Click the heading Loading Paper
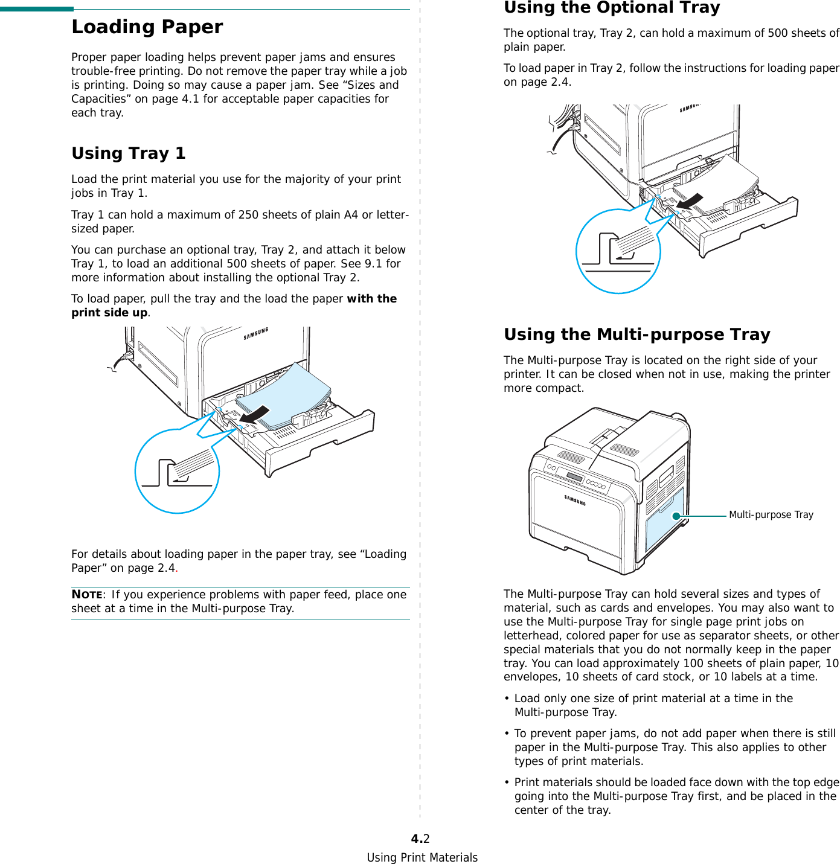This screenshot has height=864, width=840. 147,27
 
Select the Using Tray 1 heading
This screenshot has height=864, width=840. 128,153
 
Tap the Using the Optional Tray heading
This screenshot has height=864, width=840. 612,8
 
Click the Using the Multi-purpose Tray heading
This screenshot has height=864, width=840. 636,334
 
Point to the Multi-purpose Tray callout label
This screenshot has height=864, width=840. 771,515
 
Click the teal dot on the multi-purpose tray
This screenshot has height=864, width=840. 676,516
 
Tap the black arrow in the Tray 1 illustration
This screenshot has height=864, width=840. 254,415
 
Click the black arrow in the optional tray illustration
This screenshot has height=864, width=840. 689,202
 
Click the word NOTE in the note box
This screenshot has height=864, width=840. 86,594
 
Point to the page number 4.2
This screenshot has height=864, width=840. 420,839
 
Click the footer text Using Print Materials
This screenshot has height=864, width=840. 422,857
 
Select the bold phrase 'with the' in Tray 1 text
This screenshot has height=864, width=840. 371,299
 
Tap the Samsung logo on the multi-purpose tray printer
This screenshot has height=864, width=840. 575,500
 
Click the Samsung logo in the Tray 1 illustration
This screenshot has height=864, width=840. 255,334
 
